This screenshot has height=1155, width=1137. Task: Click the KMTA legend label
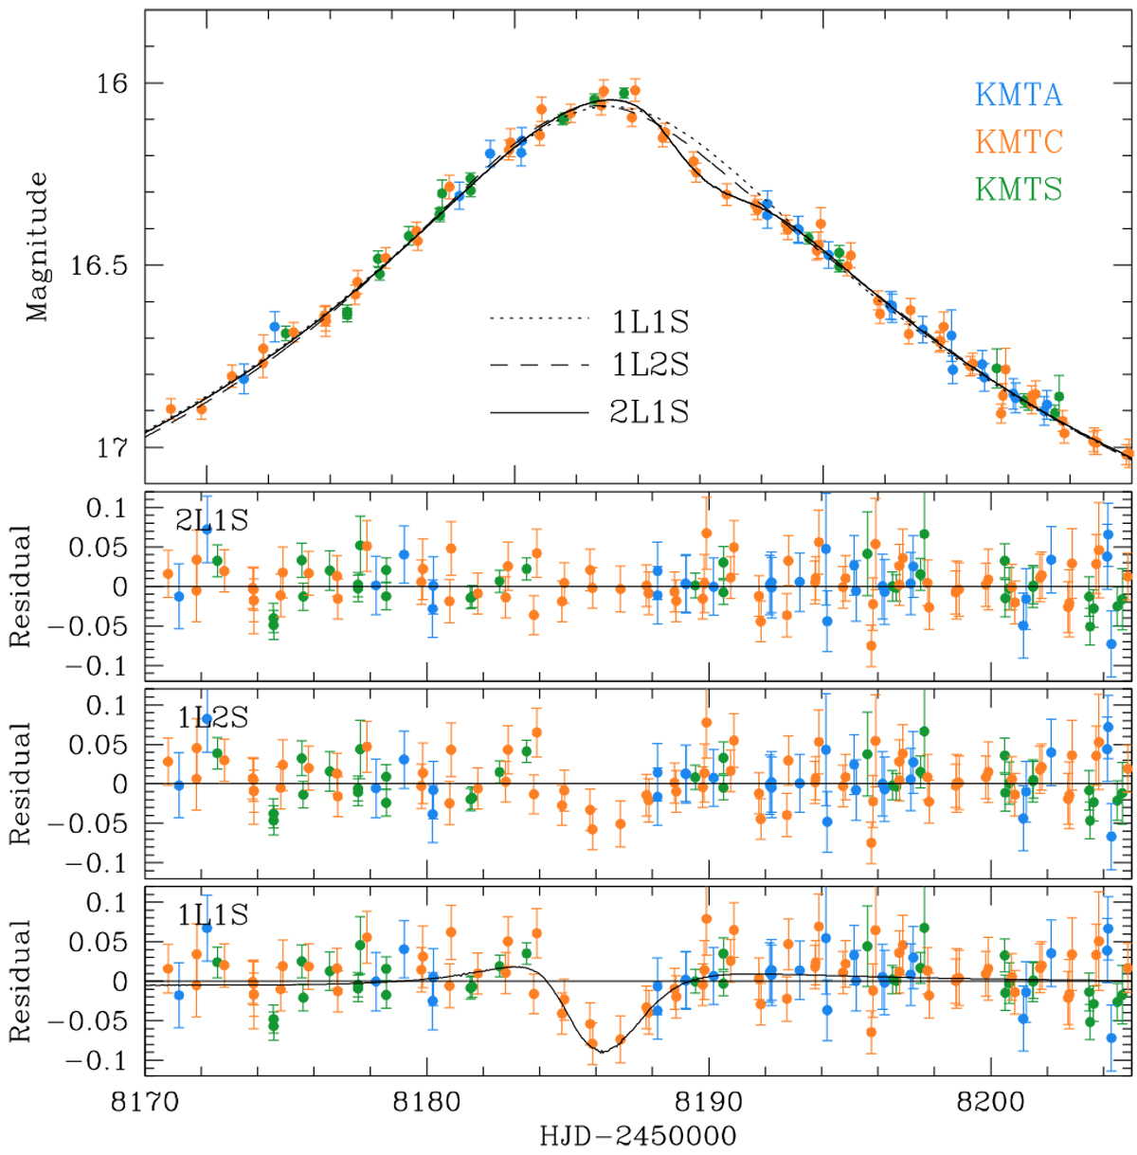[x=1019, y=95]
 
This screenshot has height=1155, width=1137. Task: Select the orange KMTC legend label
[x=1019, y=142]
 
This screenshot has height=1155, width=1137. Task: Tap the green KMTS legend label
[x=1019, y=189]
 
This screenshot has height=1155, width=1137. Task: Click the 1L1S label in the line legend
[x=650, y=322]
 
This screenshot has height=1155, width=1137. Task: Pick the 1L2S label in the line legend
[x=650, y=365]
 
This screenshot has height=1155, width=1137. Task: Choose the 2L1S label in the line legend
[x=650, y=411]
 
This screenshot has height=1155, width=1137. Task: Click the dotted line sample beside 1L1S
[x=539, y=319]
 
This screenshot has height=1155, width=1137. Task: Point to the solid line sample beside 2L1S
[x=539, y=412]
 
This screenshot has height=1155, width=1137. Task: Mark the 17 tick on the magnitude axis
[x=111, y=447]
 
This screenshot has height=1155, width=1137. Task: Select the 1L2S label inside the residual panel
[x=212, y=717]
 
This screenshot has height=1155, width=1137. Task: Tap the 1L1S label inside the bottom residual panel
[x=212, y=914]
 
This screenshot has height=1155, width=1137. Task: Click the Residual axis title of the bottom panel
[x=21, y=981]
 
